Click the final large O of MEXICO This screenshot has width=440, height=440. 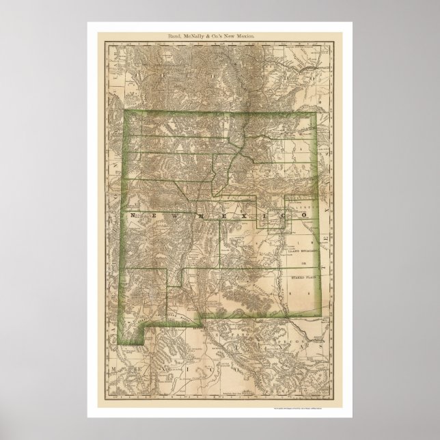[299, 216]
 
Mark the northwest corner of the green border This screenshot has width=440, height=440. [124, 112]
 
